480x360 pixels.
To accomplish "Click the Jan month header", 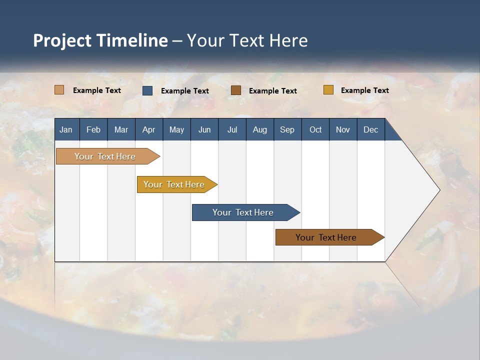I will (66, 129).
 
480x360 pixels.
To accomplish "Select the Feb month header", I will (93, 129).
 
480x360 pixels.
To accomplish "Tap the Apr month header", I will (148, 129).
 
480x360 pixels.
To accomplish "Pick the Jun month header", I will (204, 129).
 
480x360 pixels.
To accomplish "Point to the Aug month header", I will (259, 129).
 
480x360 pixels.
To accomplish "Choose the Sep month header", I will (287, 129).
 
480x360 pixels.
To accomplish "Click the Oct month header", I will (315, 129).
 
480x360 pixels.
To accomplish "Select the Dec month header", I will (370, 129).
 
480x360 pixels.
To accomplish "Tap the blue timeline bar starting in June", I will (243, 212).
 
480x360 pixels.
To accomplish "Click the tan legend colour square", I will (59, 90).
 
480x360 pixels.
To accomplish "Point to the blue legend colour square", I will (147, 90).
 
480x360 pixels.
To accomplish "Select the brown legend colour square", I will (236, 90).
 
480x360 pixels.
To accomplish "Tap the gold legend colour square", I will (328, 90).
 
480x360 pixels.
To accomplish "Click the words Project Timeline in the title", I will (100, 40).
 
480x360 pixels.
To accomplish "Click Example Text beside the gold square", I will (364, 90).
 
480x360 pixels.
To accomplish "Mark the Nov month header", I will (342, 129).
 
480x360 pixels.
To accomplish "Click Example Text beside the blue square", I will (184, 91).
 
